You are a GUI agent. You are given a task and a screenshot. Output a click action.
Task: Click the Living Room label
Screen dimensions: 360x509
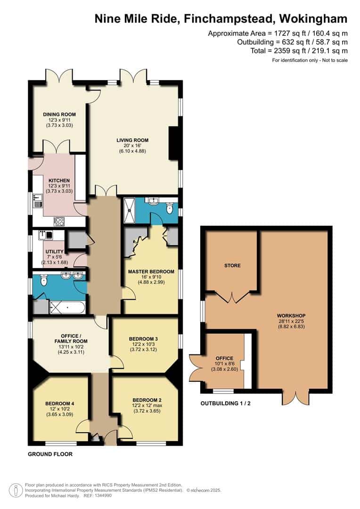point(132,140)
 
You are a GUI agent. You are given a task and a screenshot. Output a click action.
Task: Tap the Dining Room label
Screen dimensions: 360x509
point(59,114)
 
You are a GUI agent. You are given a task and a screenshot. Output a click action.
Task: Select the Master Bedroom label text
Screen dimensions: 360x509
point(151,271)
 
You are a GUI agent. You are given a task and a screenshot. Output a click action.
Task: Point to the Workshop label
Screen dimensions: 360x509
point(291,315)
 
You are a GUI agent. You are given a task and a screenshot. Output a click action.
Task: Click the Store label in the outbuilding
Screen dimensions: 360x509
point(232,265)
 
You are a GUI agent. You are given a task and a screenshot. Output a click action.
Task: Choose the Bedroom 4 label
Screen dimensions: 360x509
point(60,403)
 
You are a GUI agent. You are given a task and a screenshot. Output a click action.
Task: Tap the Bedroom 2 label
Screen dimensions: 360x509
point(147,400)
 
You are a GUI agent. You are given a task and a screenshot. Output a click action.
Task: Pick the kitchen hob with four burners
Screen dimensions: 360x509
point(59,222)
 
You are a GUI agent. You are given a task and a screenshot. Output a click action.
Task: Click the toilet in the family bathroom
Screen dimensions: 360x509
point(44,280)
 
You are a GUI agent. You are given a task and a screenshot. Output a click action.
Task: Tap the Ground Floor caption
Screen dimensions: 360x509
point(50,454)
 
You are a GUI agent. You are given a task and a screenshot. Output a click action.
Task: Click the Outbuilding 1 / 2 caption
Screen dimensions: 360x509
point(226,403)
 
